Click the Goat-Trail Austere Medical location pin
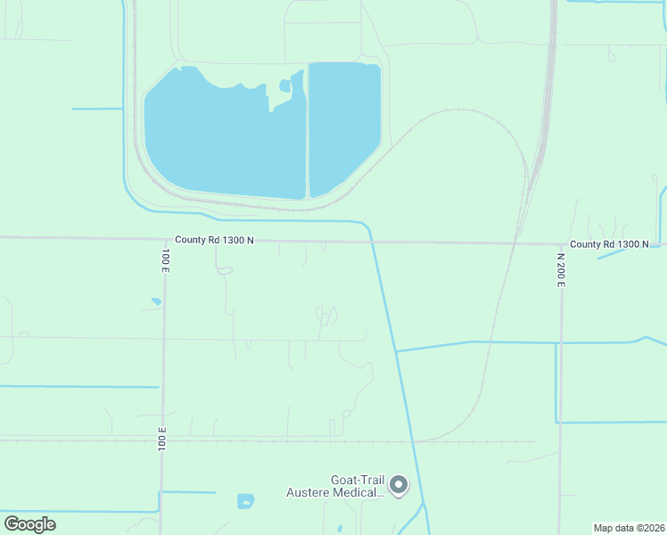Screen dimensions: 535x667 pyautogui.click(x=399, y=485)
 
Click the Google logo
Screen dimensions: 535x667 pyautogui.click(x=29, y=523)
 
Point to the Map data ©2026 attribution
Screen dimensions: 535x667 pyautogui.click(x=629, y=528)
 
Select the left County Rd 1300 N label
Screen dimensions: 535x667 pyautogui.click(x=215, y=240)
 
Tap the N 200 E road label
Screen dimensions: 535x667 pyautogui.click(x=561, y=268)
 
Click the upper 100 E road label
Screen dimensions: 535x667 pyautogui.click(x=165, y=259)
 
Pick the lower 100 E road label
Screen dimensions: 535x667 pyautogui.click(x=163, y=440)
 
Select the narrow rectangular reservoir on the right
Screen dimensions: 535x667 pyautogui.click(x=343, y=125)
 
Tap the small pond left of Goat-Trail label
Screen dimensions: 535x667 pyautogui.click(x=245, y=501)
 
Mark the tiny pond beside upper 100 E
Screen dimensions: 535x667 pyautogui.click(x=156, y=301)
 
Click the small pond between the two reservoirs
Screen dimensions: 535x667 pyautogui.click(x=284, y=86)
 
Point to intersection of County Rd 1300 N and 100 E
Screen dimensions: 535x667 pyautogui.click(x=165, y=238)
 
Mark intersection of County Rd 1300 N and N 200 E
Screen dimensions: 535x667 pyautogui.click(x=561, y=243)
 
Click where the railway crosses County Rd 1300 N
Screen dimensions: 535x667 pyautogui.click(x=515, y=243)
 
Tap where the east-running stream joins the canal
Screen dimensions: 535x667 pyautogui.click(x=396, y=350)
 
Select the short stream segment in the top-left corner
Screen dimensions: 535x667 pyautogui.click(x=95, y=109)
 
